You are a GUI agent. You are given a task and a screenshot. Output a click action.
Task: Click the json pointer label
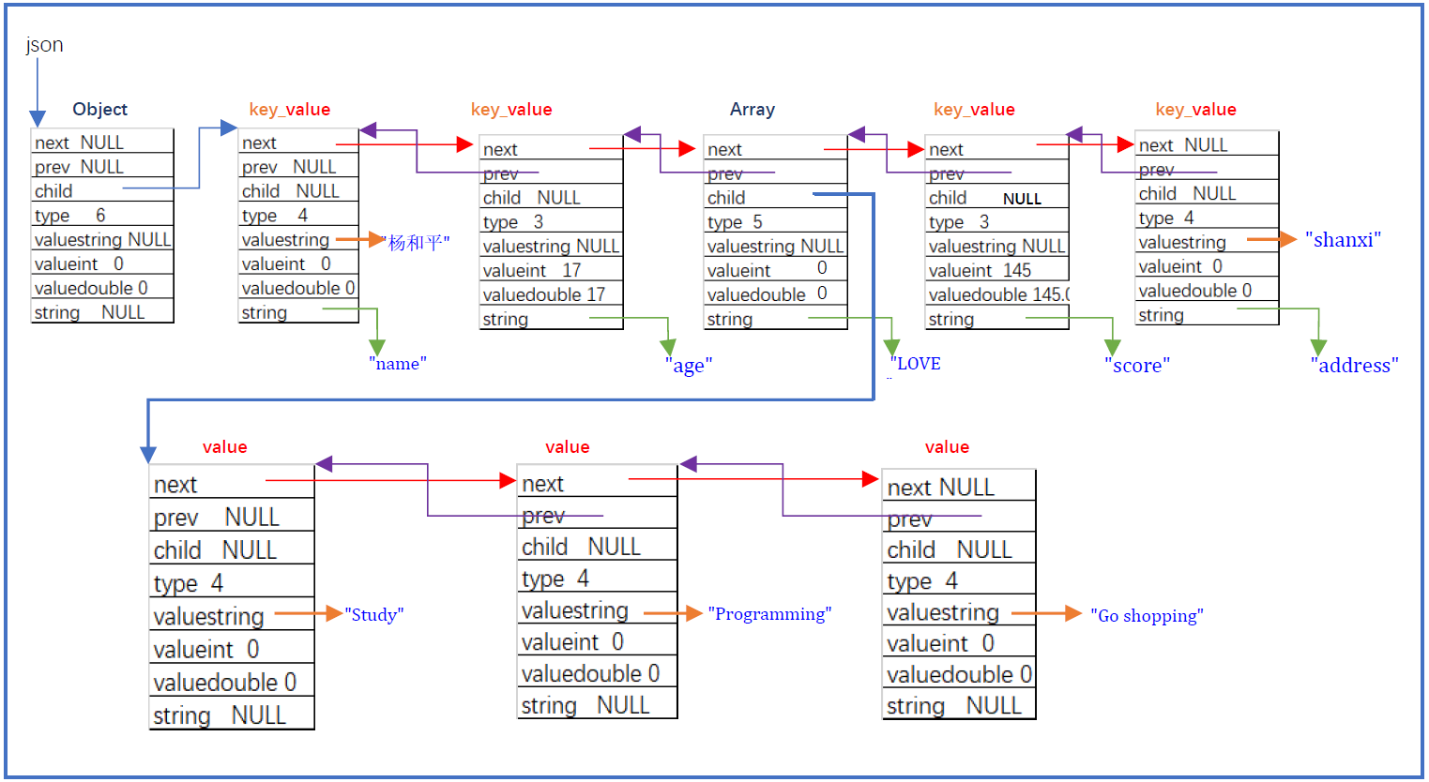[44, 45]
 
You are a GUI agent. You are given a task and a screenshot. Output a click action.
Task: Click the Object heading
[99, 110]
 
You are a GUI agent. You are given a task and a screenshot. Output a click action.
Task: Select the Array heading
[752, 110]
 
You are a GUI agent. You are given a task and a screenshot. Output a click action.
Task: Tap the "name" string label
[397, 364]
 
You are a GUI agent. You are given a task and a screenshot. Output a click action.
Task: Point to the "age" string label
[688, 366]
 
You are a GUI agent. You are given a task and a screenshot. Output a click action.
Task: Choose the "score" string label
[1136, 366]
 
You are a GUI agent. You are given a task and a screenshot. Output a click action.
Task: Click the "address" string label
[1353, 366]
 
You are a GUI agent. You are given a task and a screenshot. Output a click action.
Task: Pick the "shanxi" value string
[1343, 240]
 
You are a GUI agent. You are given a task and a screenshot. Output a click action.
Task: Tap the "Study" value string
[373, 615]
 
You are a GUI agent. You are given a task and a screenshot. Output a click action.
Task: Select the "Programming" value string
[769, 614]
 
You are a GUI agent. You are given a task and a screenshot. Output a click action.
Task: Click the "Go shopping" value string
[1146, 616]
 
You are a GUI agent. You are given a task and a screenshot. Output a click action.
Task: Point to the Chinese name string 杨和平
[417, 243]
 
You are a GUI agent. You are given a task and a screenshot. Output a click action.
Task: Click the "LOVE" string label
[916, 364]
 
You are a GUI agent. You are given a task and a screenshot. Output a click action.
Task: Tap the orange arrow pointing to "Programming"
[673, 613]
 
